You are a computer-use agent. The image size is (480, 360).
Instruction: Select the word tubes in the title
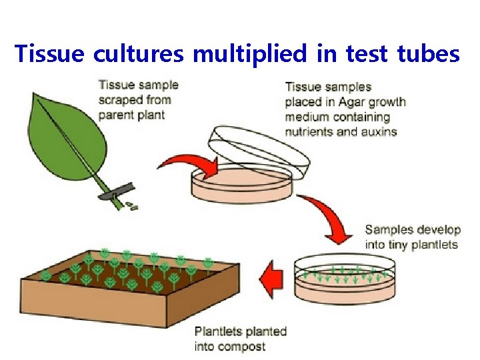pyautogui.click(x=427, y=53)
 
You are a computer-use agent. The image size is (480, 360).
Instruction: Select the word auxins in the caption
pyautogui.click(x=375, y=131)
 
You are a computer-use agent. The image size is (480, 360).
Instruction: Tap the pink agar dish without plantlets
pyautogui.click(x=243, y=185)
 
